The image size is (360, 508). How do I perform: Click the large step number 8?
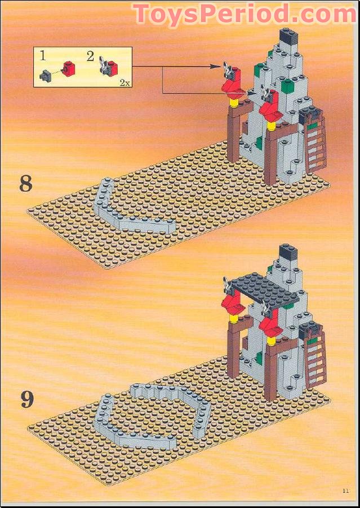point(26,184)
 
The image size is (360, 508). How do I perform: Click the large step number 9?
point(27,400)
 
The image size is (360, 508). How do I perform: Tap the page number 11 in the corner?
point(345,490)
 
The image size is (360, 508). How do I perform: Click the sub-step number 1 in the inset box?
point(43,56)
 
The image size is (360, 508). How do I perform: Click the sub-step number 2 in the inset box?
point(90,56)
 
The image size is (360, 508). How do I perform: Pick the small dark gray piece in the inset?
point(46,73)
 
